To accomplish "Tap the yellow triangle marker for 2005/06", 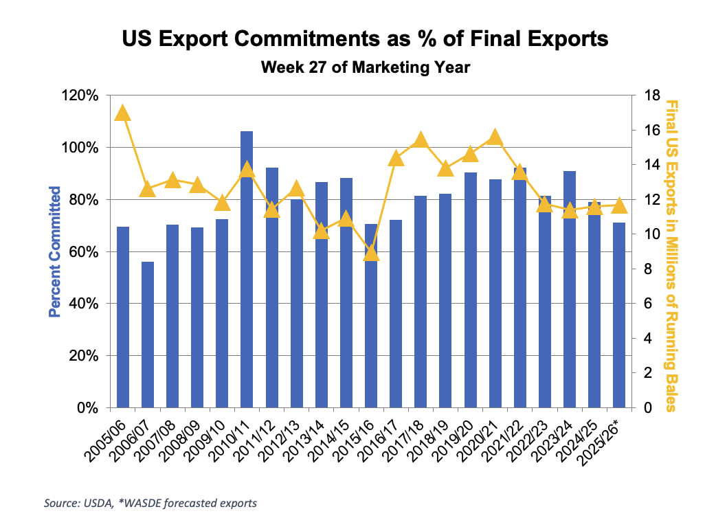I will click(x=123, y=113).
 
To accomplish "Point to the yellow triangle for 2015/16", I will click(x=371, y=254).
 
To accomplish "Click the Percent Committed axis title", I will click(x=54, y=251).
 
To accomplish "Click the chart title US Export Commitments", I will click(x=365, y=39).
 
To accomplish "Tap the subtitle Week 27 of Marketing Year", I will click(x=365, y=67).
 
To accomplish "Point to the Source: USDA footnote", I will click(x=150, y=503).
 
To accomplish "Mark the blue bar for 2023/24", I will click(x=569, y=289).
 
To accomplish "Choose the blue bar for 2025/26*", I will click(x=618, y=315).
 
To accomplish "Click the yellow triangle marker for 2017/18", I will click(x=421, y=142).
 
